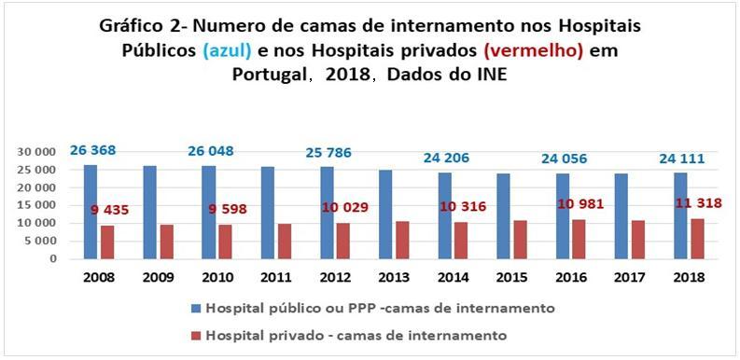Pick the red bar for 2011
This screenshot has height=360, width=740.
[284, 242]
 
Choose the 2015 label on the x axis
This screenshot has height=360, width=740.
[509, 277]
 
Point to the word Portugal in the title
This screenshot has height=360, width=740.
[272, 76]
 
